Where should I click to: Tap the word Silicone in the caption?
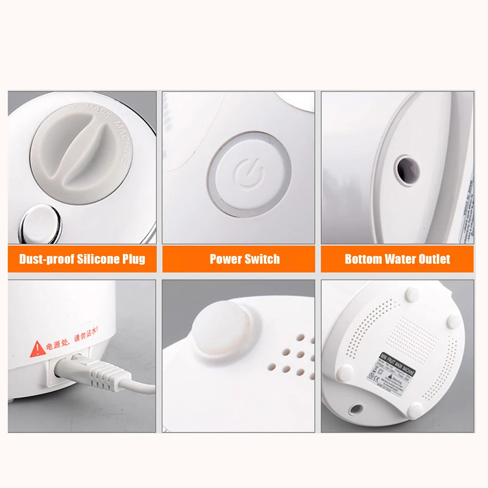[x=99, y=259]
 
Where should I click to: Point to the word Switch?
[x=263, y=259]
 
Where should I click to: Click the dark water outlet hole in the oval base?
[x=406, y=168]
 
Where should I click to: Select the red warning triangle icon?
[x=38, y=349]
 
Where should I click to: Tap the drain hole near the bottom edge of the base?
[x=358, y=410]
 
